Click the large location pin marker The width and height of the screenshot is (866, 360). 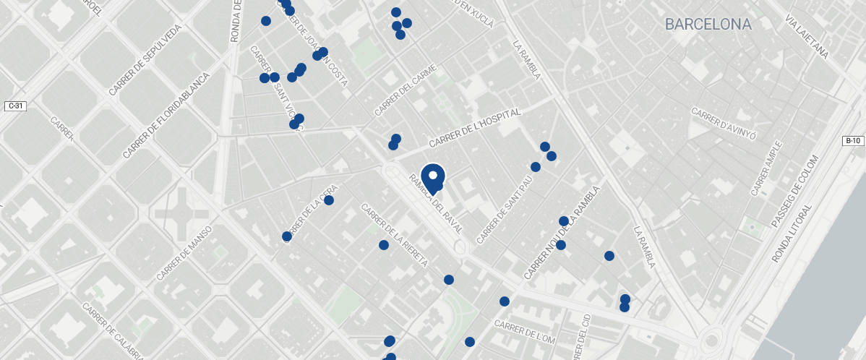click(x=433, y=177)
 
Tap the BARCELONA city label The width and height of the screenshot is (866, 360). click(x=708, y=25)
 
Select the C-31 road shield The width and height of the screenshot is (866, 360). click(x=15, y=106)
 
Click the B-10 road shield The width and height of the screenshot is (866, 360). click(x=854, y=141)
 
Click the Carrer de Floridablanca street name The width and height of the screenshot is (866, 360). click(x=166, y=116)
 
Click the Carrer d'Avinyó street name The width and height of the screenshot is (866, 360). click(x=723, y=124)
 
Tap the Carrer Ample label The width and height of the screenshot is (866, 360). click(x=766, y=168)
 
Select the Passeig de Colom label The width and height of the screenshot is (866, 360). click(x=795, y=189)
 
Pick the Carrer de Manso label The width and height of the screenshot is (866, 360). click(x=184, y=253)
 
